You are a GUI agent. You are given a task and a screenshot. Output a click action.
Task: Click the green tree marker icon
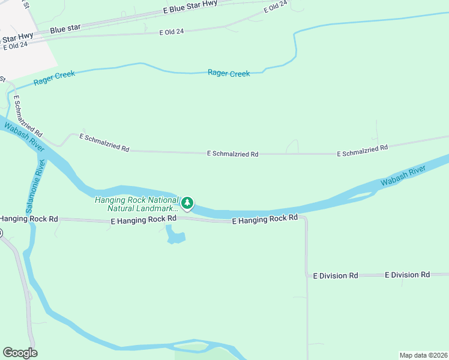pos(188,204)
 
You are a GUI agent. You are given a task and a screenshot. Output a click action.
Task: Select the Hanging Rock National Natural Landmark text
pos(137,204)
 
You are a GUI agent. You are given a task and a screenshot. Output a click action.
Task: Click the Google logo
pos(20,353)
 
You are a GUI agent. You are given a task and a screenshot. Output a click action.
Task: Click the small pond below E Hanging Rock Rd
pos(175,235)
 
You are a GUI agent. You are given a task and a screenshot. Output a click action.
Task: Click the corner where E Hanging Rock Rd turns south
pos(306,219)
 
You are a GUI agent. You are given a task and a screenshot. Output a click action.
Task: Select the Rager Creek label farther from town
pos(228,73)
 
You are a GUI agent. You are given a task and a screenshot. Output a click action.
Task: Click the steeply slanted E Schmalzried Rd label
pos(28,115)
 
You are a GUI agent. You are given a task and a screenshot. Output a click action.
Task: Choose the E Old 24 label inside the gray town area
pos(15,46)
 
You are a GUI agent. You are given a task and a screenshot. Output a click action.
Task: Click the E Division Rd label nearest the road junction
pos(336,275)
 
